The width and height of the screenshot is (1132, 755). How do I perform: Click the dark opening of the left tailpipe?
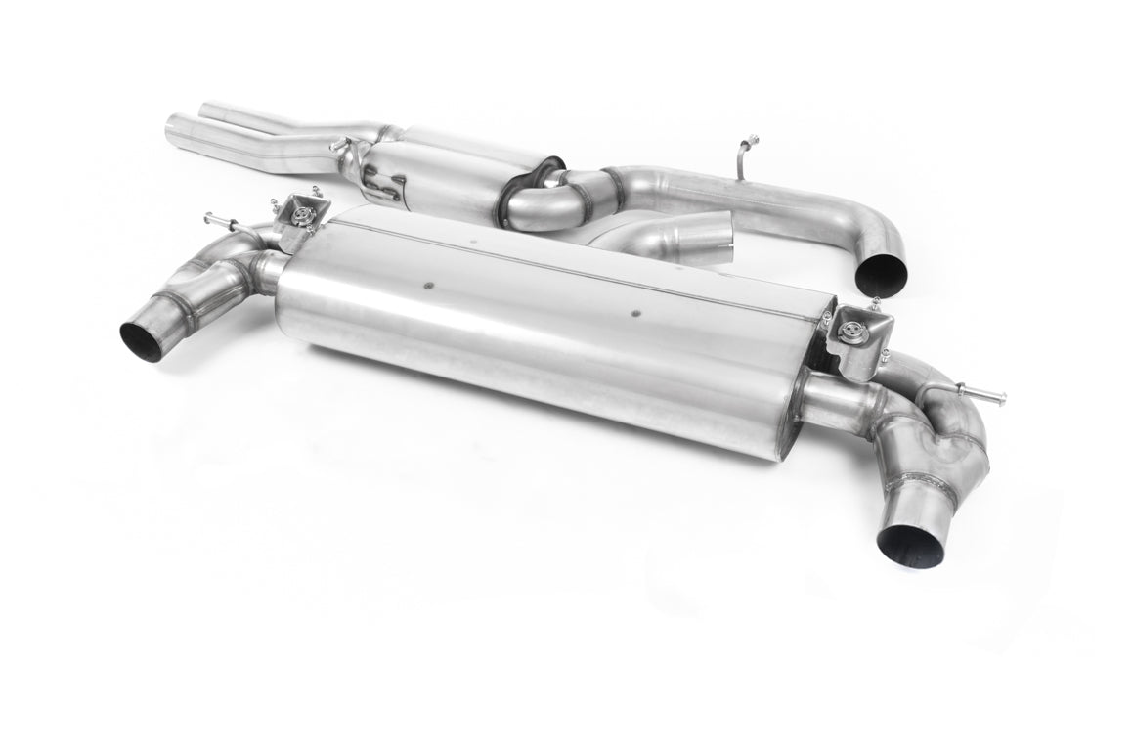[142, 340]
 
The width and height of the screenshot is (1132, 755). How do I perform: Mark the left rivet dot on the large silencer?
[428, 287]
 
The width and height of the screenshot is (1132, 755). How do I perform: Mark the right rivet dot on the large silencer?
[635, 314]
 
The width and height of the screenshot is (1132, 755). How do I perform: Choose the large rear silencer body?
[547, 323]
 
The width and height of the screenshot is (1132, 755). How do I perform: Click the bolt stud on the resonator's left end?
[338, 147]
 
